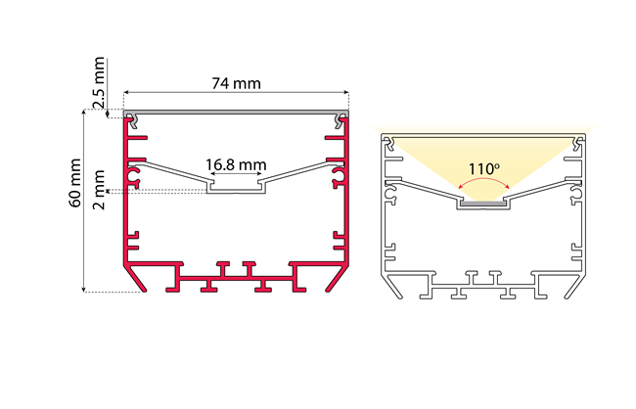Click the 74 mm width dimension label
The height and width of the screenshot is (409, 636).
click(236, 83)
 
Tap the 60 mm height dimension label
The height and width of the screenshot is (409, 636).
click(75, 183)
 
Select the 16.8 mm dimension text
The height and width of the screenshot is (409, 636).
click(236, 164)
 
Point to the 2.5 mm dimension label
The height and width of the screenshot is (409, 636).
click(99, 83)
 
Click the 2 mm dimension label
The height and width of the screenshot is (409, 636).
click(99, 190)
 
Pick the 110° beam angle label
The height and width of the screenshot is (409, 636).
click(484, 169)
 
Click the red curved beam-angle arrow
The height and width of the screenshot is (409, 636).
click(484, 182)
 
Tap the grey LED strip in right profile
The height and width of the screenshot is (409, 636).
click(483, 204)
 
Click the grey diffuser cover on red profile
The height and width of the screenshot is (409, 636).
click(236, 112)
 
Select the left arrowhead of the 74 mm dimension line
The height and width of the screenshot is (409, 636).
click(126, 93)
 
